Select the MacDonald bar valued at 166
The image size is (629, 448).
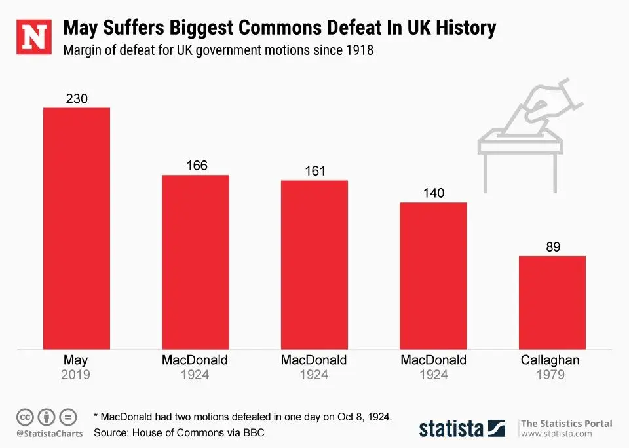195,262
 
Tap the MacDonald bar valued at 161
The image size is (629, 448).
314,265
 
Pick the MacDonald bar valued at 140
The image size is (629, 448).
433,276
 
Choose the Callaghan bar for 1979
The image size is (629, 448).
552,303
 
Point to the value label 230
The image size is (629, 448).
77,99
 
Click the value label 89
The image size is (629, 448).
552,247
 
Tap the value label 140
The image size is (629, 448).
433,193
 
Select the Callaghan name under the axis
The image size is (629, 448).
550,360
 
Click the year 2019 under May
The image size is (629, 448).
76,375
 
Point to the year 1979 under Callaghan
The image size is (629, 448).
551,375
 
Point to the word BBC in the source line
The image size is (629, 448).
254,433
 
